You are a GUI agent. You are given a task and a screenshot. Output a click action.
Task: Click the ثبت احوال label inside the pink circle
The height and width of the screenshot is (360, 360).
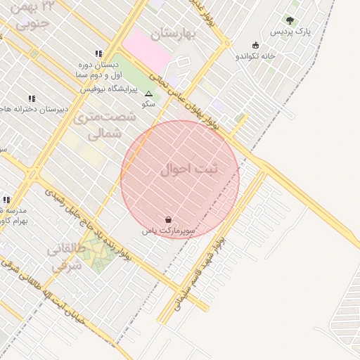[189, 169]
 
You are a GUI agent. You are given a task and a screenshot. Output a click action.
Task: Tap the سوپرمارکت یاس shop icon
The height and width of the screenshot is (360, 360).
[167, 219]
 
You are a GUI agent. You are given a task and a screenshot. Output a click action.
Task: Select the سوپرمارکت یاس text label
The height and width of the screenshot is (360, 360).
[168, 231]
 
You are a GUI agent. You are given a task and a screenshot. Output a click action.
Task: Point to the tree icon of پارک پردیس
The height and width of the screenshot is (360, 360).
[290, 21]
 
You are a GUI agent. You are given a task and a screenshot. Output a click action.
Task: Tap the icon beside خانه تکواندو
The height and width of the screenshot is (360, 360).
[255, 45]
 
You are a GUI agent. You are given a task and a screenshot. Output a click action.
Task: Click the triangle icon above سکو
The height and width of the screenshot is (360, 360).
[148, 94]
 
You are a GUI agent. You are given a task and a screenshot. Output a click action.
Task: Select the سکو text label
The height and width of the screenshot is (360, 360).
[148, 104]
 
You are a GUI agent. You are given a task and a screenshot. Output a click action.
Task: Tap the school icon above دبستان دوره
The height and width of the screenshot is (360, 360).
[98, 53]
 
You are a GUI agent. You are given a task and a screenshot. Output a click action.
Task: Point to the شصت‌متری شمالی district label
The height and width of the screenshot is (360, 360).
[98, 124]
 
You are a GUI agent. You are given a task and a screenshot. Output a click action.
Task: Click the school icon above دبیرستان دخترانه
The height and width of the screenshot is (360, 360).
[32, 98]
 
